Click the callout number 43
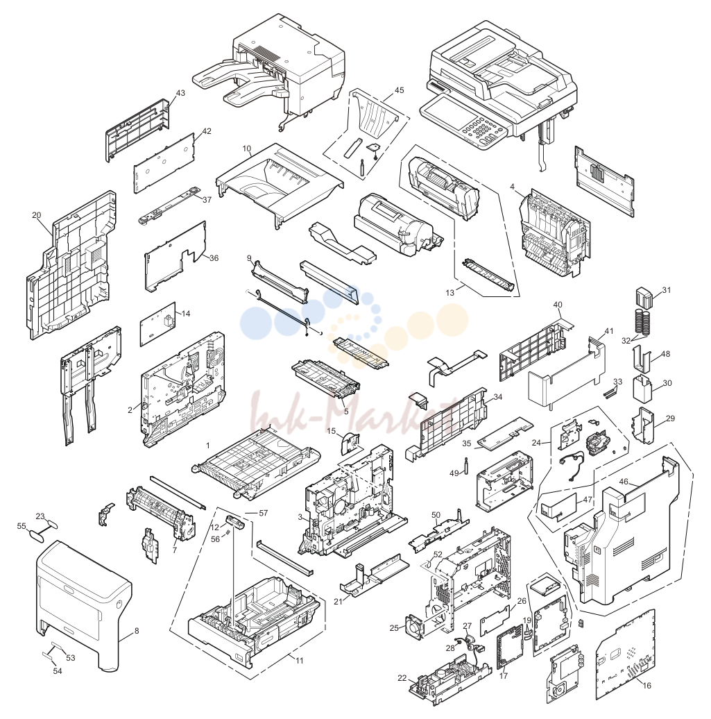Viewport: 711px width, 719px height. [x=180, y=93]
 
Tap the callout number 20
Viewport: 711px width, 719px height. [x=37, y=215]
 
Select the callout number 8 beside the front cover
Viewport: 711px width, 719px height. [x=137, y=631]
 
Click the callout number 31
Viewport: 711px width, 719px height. [x=667, y=290]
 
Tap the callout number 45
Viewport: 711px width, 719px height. [x=400, y=90]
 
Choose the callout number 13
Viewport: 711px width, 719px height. [x=450, y=293]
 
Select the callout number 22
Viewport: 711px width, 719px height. [x=402, y=678]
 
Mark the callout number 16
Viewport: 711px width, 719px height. [x=646, y=686]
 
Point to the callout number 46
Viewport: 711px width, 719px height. [x=624, y=482]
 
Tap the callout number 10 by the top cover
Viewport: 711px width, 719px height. [x=247, y=149]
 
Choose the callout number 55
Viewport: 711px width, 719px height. [x=22, y=526]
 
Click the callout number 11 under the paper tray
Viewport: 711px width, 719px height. [x=300, y=661]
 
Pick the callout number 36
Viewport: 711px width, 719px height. [x=214, y=258]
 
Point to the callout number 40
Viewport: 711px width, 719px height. [x=558, y=305]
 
